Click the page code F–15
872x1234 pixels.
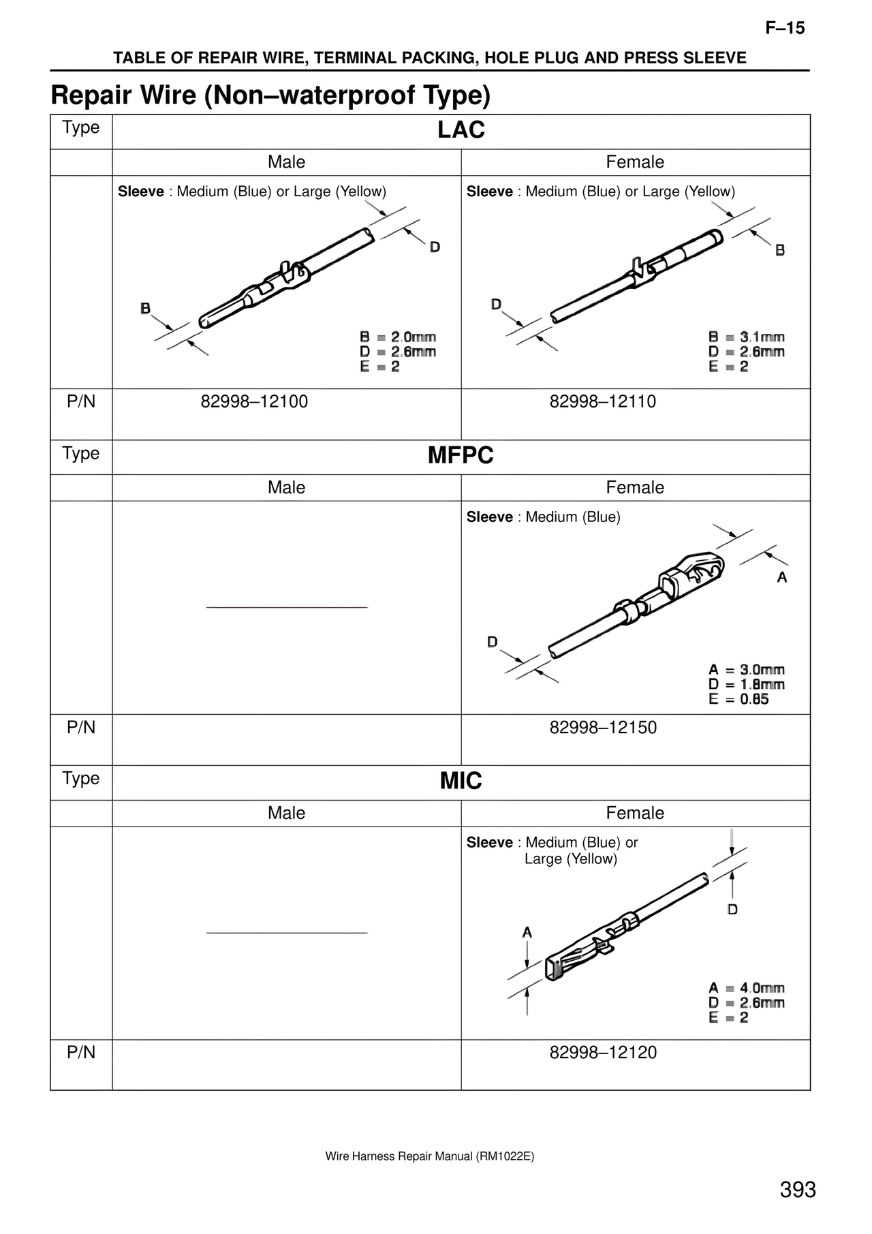(x=785, y=28)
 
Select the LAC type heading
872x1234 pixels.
(x=461, y=130)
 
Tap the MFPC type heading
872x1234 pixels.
(x=461, y=455)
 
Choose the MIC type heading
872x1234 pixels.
(x=461, y=781)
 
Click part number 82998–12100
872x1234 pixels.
(x=254, y=401)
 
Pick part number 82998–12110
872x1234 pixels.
(x=603, y=401)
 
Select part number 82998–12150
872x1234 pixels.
(x=603, y=727)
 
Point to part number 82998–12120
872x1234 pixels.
(x=603, y=1052)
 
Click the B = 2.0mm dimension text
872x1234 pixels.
(x=398, y=337)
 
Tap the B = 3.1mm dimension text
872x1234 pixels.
(x=747, y=337)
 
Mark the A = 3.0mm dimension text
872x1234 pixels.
(x=747, y=669)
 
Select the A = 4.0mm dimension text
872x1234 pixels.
(x=747, y=987)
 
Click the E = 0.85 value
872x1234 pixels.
(x=738, y=699)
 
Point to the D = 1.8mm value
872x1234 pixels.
(x=747, y=684)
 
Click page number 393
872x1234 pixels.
(x=798, y=1190)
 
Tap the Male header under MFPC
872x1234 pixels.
(x=286, y=487)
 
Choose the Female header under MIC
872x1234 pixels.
(x=635, y=813)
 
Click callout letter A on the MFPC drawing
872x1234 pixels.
(x=782, y=577)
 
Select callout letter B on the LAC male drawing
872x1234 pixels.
(x=145, y=309)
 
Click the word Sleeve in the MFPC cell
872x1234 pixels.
(x=489, y=517)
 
